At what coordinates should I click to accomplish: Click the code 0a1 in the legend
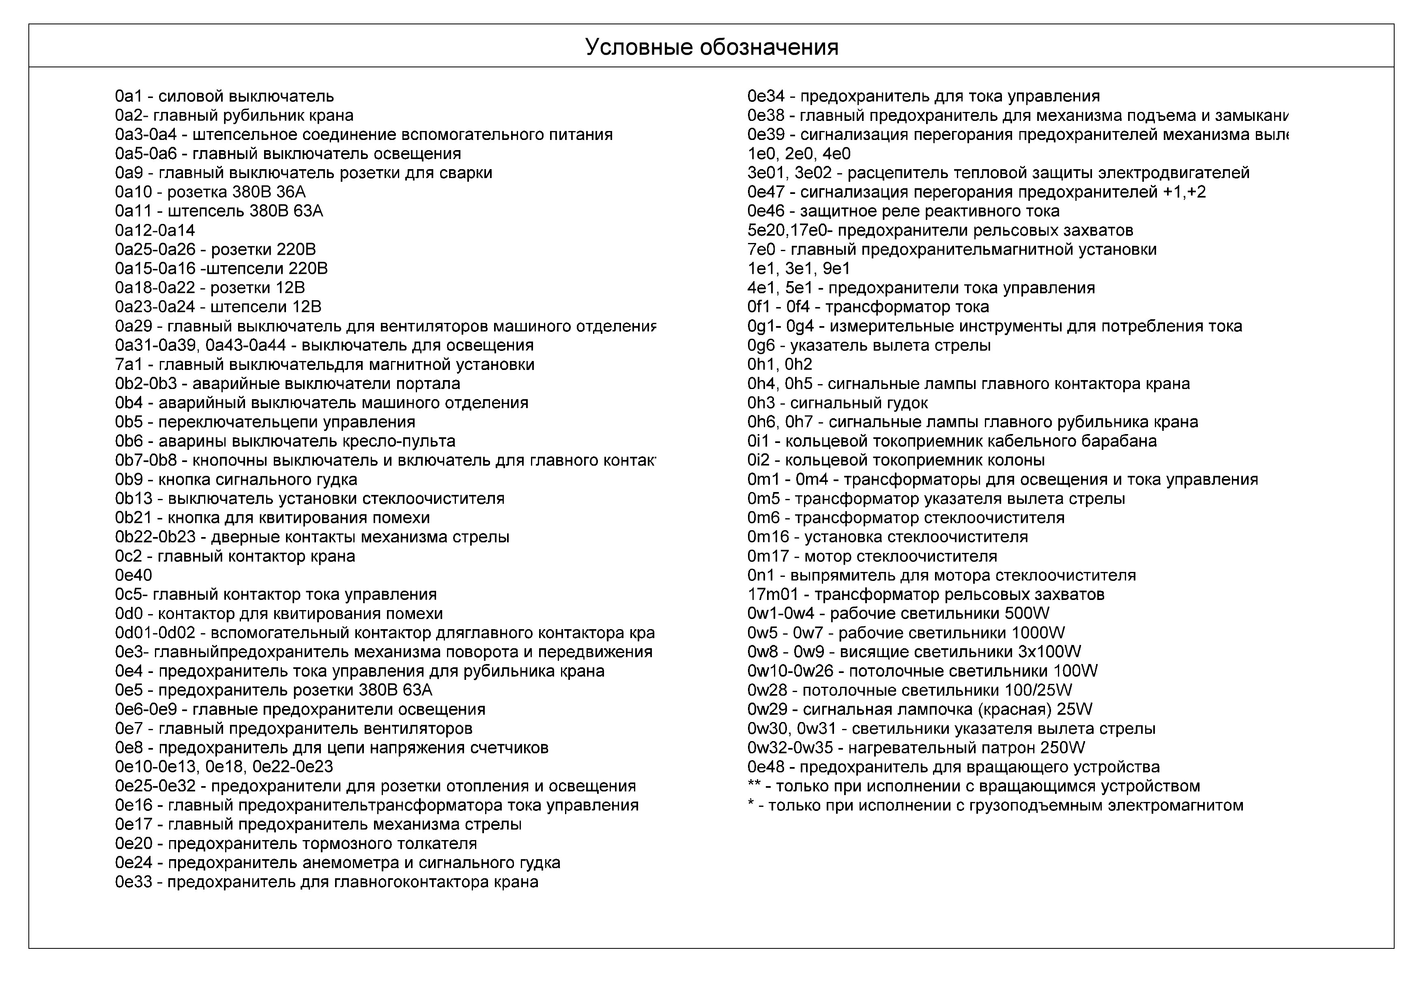point(128,97)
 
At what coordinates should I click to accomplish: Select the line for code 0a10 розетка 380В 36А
point(210,192)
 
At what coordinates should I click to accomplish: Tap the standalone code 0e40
point(133,575)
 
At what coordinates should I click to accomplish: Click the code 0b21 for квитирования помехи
point(133,518)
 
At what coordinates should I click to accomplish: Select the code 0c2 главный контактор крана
point(128,556)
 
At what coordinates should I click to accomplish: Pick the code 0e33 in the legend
point(133,882)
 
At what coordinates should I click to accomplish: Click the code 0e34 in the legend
point(766,97)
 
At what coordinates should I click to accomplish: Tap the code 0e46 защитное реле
point(766,211)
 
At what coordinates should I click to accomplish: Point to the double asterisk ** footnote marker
point(754,786)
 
